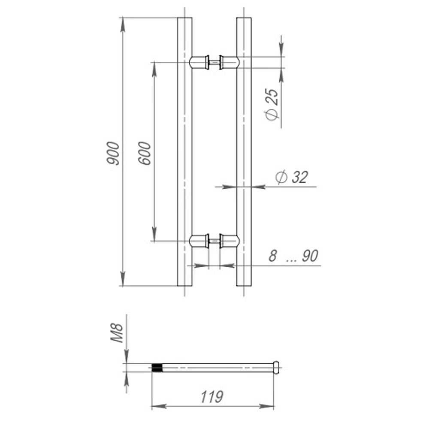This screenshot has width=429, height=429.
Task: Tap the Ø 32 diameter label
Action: click(292, 177)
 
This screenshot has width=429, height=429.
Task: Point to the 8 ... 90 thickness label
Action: click(293, 256)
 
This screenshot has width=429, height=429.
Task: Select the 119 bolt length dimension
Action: click(212, 397)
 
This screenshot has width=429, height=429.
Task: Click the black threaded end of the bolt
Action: click(158, 368)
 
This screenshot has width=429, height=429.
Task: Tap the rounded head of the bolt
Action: click(277, 368)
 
